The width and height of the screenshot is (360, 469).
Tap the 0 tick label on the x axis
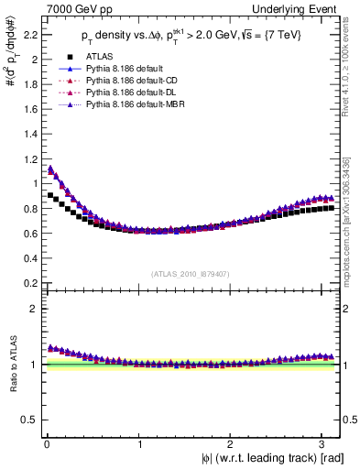pos(45,442)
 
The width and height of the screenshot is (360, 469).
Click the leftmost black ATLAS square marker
pos(49,195)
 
